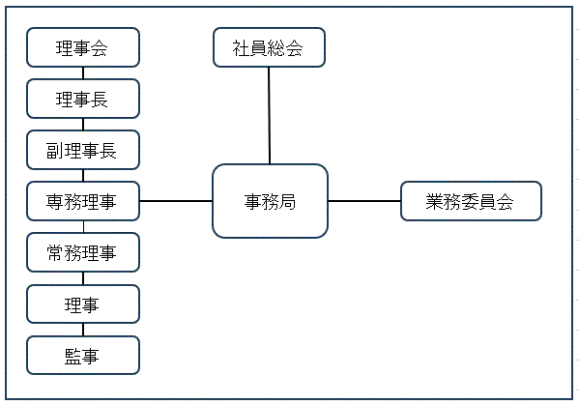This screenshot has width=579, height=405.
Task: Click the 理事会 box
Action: pyautogui.click(x=83, y=47)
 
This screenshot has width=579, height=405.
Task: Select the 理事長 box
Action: pyautogui.click(x=83, y=99)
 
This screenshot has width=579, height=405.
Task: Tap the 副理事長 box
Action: pyautogui.click(x=83, y=150)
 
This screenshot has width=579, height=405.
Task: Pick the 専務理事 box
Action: pyautogui.click(x=83, y=201)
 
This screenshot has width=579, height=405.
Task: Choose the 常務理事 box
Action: pyautogui.click(x=83, y=252)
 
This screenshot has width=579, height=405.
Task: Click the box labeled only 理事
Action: pyautogui.click(x=83, y=304)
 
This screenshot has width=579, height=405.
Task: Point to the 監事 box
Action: pyautogui.click(x=83, y=355)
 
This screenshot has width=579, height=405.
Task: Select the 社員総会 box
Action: pyautogui.click(x=269, y=47)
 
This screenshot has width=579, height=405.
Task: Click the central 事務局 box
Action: pyautogui.click(x=270, y=201)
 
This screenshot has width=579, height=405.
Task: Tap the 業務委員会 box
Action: pyautogui.click(x=471, y=201)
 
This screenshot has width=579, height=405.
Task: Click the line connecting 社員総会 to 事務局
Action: pyautogui.click(x=269, y=116)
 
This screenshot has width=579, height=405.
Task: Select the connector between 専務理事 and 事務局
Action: pyautogui.click(x=176, y=201)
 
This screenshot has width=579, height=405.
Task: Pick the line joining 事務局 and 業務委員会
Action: pyautogui.click(x=364, y=201)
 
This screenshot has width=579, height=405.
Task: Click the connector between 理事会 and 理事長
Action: pyautogui.click(x=83, y=73)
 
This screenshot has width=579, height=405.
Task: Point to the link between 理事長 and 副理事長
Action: pyautogui.click(x=83, y=125)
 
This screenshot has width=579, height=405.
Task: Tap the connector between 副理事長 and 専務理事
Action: pyautogui.click(x=83, y=176)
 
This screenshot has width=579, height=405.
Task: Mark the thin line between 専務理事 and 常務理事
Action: pyautogui.click(x=83, y=227)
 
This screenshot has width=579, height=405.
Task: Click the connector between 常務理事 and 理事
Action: pyautogui.click(x=83, y=278)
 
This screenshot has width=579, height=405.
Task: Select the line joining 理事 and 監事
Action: pyautogui.click(x=83, y=330)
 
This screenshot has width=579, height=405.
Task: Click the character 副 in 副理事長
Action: pyautogui.click(x=54, y=151)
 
